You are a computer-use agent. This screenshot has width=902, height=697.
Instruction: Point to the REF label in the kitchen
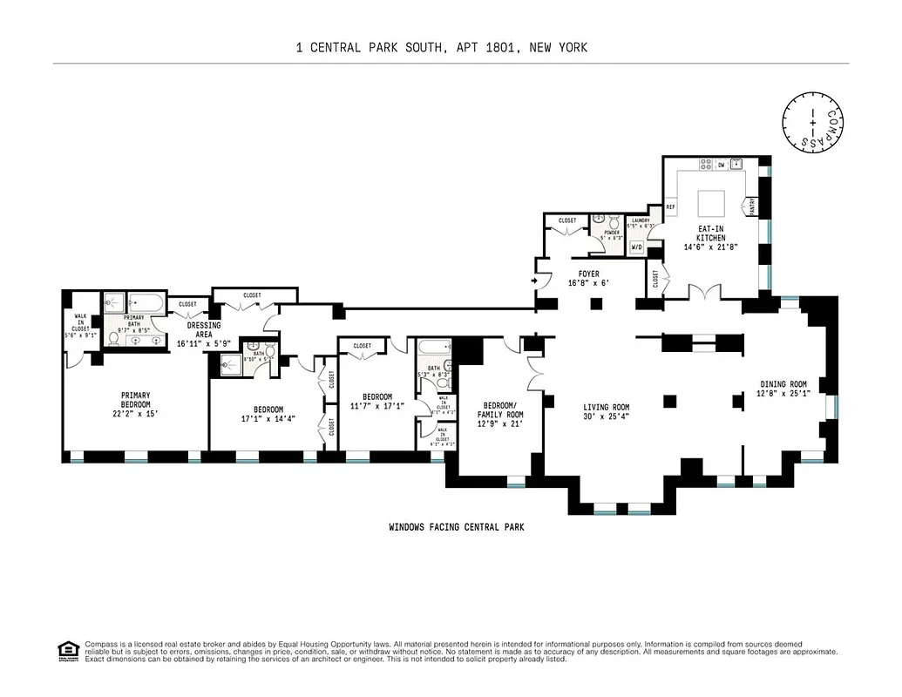coord(671,207)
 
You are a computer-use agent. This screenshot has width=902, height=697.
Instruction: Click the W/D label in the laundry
coord(636,248)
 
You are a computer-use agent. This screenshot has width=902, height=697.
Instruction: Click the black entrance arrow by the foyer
coord(532,281)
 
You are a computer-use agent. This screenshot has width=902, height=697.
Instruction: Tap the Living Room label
coord(606,411)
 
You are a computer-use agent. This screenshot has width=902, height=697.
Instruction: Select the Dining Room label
coord(783,389)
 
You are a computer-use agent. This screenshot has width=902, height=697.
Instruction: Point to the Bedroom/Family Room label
coord(504,410)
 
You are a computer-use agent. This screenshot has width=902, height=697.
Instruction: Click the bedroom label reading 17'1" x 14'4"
coord(268,414)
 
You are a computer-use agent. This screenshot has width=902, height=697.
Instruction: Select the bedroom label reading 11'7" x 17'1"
coord(376,401)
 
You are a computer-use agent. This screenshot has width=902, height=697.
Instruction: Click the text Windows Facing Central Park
coord(456,527)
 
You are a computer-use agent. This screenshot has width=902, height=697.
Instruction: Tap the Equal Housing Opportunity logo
coord(65,650)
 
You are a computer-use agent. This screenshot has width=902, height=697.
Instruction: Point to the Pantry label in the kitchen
coord(751,207)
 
